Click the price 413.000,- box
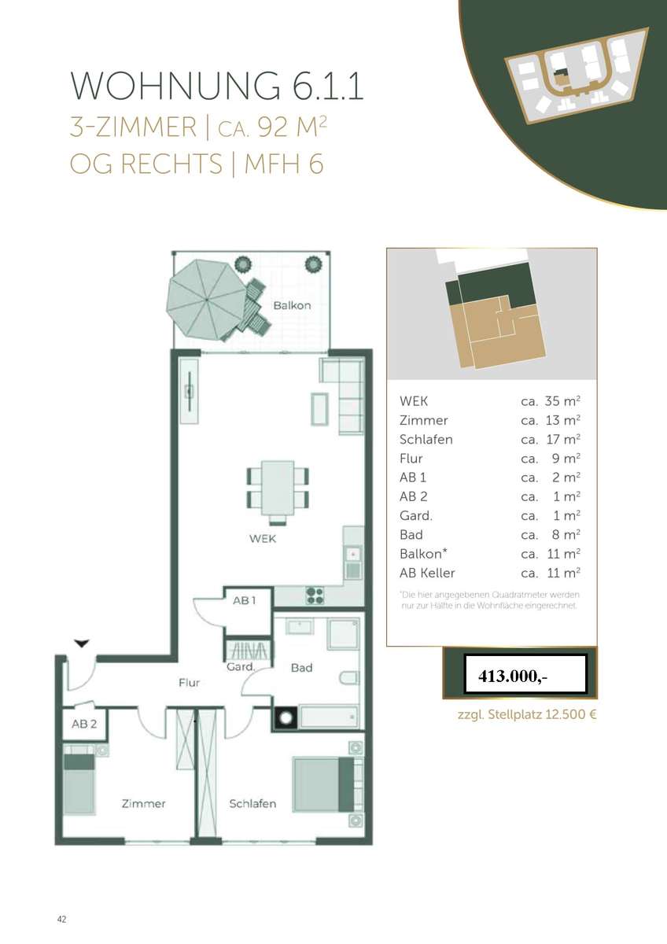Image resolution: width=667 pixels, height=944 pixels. pos(525,674)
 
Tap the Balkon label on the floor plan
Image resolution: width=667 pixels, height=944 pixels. pos(292,305)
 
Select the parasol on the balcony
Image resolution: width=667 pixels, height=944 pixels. pos(206,300)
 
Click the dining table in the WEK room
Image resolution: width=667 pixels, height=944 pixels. pos(277,488)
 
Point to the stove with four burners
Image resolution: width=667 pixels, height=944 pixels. pos(315,596)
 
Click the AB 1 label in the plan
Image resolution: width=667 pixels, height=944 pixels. pos(245,600)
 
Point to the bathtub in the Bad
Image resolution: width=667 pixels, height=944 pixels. pos(330,717)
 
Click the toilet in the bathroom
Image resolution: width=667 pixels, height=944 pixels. pos(349,678)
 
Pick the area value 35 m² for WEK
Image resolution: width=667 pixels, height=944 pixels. pos(562,400)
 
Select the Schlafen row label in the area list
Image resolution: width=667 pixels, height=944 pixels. pos(426,440)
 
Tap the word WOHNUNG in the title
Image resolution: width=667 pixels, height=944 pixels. pos(175,86)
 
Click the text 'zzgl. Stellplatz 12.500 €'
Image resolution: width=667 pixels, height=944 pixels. pos(527,714)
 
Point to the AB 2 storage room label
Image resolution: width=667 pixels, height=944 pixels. pos(84,724)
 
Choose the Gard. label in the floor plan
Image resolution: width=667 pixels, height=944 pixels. pos(241,667)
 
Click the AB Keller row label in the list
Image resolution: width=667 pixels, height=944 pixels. pos(427,573)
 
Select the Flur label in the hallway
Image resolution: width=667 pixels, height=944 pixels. pos(190,682)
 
